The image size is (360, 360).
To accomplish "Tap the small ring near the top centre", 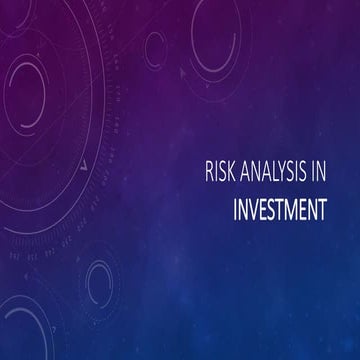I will coord(155,45).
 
